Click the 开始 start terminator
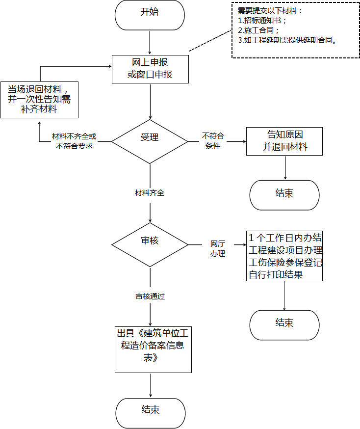tap(150, 15)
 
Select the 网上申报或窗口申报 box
tap(150, 69)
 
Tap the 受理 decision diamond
tap(150, 141)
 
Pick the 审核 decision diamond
tap(150, 244)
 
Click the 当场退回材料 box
tap(39, 100)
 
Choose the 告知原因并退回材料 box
tap(284, 141)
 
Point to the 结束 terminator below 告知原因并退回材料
tap(284, 195)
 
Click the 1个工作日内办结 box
tap(284, 256)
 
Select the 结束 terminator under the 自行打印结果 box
tap(284, 325)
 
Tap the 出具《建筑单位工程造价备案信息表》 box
tap(153, 349)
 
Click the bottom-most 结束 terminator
tap(151, 413)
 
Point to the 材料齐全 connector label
tap(150, 193)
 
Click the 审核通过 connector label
tap(150, 296)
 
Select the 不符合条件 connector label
tap(213, 141)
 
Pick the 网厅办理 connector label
tap(218, 249)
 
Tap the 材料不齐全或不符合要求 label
tap(74, 141)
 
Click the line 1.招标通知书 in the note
tap(262, 21)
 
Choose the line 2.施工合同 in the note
tap(258, 30)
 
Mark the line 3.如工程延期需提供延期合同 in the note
tap(287, 40)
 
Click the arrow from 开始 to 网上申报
tap(150, 42)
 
